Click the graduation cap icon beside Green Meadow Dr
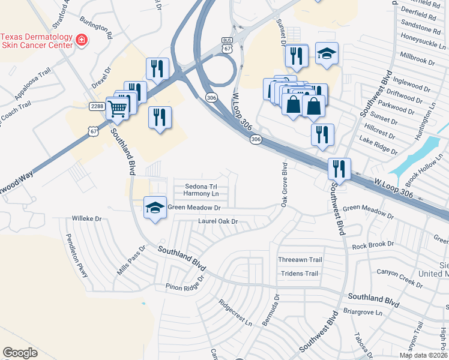click(x=155, y=208)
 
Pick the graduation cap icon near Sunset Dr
click(x=327, y=55)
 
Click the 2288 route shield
click(x=98, y=106)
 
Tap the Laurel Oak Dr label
click(x=218, y=221)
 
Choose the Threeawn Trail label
click(x=300, y=260)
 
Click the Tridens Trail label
click(x=298, y=274)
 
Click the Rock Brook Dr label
click(x=373, y=245)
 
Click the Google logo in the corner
click(x=20, y=353)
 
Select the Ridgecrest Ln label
click(x=235, y=312)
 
